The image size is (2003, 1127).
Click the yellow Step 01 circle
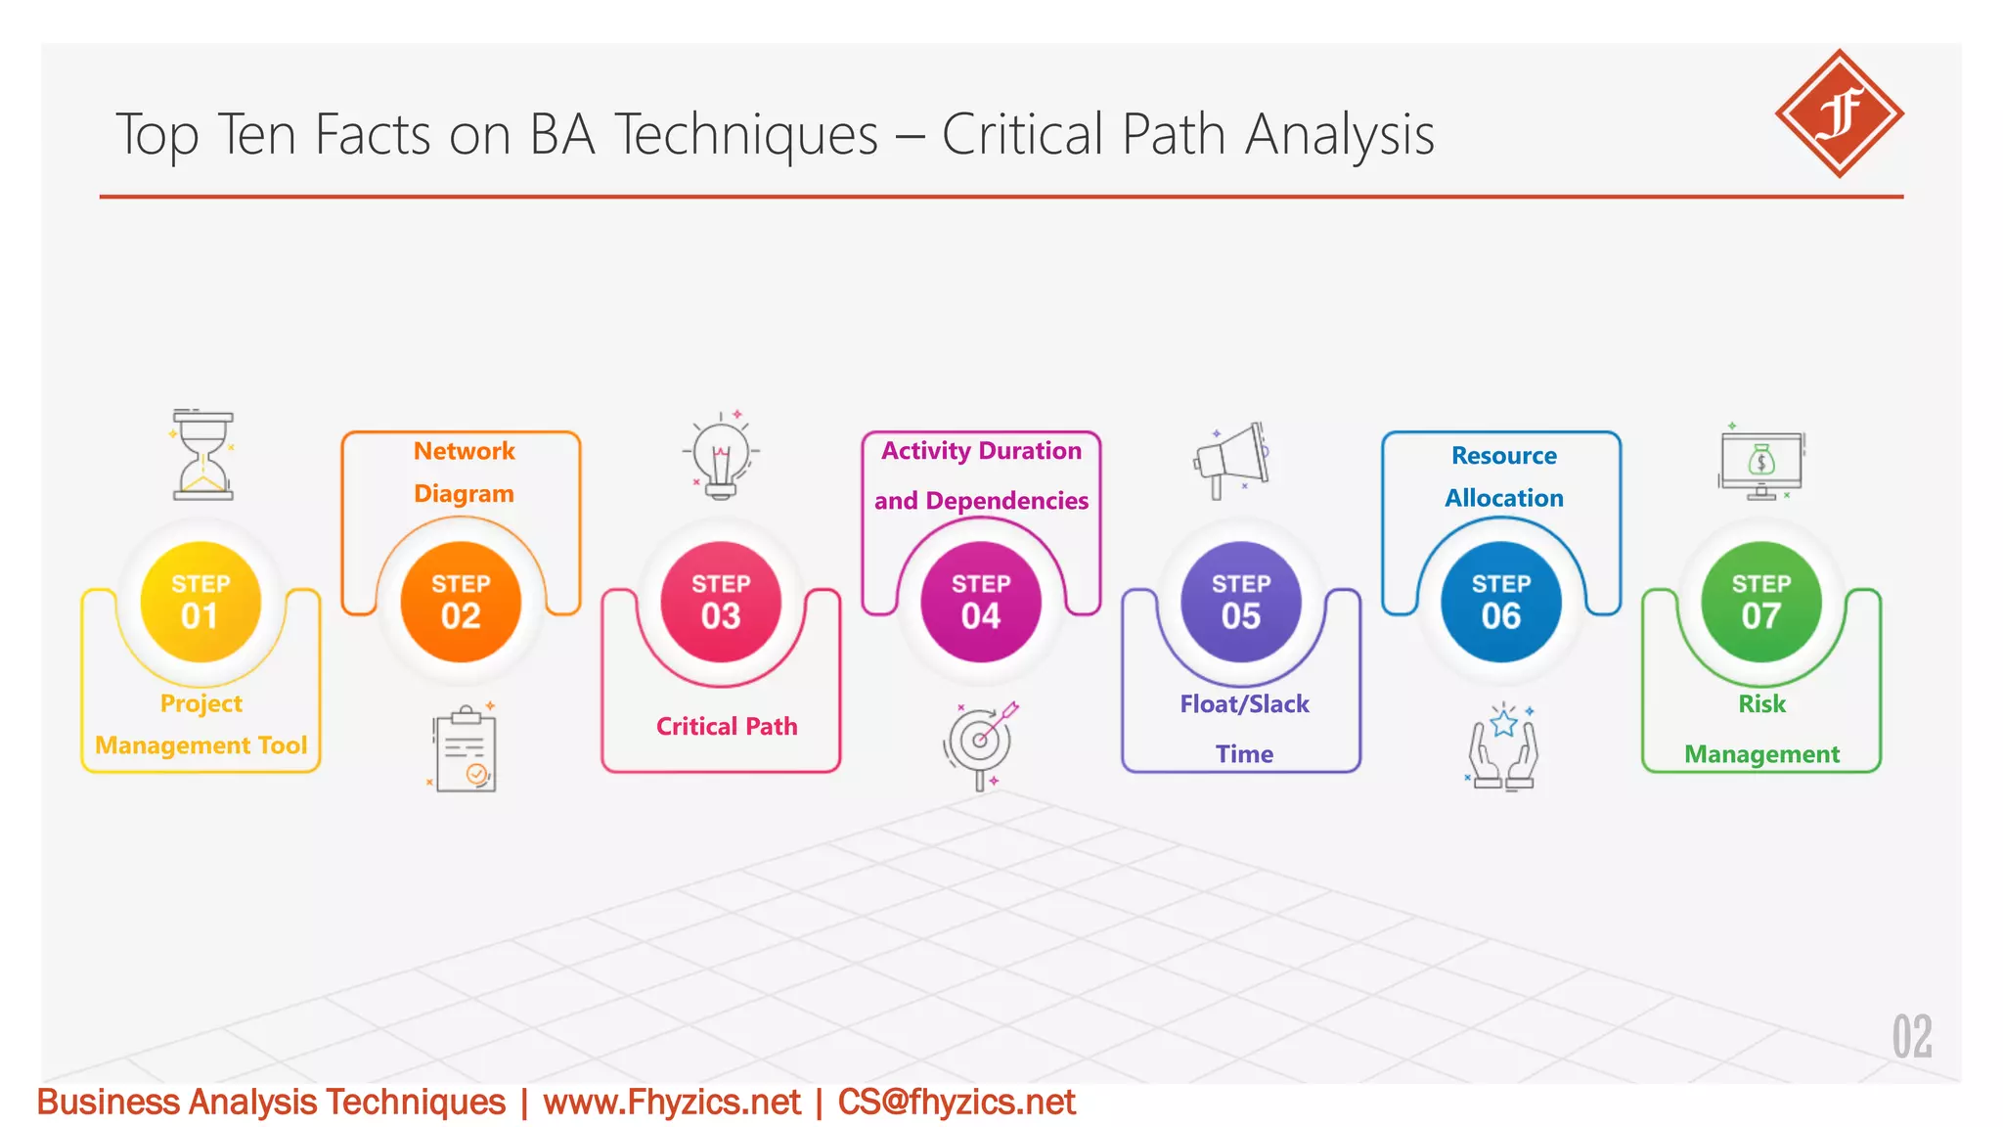click(x=200, y=602)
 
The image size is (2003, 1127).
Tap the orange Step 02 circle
click(x=461, y=602)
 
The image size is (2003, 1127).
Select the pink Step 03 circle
click(x=721, y=602)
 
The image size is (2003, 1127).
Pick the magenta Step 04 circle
click(x=981, y=602)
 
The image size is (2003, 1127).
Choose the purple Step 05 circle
click(x=1241, y=602)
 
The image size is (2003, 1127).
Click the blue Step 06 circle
click(x=1501, y=602)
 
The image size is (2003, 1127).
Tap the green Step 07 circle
click(x=1761, y=602)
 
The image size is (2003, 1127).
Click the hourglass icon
click(x=203, y=456)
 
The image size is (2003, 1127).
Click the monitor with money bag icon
click(x=1761, y=464)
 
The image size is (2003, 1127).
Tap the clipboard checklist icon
click(x=466, y=749)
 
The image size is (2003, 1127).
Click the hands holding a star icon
click(x=1503, y=747)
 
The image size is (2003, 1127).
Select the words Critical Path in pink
click(x=727, y=726)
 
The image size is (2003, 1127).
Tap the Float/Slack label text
click(x=1244, y=704)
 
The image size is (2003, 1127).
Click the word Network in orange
click(x=464, y=451)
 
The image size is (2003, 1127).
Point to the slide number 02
click(x=1911, y=1037)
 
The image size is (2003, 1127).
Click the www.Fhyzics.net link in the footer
click(x=672, y=1103)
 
